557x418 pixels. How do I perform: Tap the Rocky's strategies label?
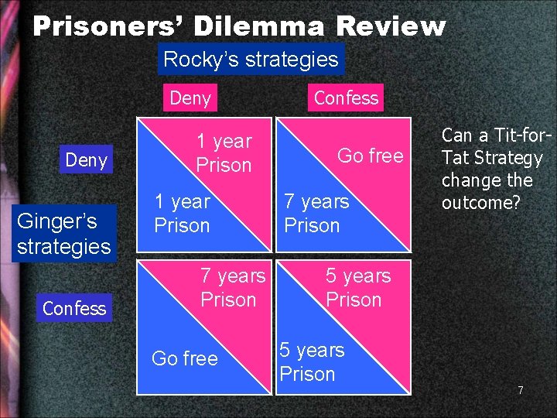click(x=251, y=60)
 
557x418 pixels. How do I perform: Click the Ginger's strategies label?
click(x=63, y=234)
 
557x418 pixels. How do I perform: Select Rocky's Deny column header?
click(x=190, y=98)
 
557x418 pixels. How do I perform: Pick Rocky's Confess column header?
click(x=346, y=98)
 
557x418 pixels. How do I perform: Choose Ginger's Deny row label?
click(x=86, y=160)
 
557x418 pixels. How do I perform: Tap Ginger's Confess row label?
click(x=74, y=308)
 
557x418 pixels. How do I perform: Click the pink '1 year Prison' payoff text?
click(x=224, y=152)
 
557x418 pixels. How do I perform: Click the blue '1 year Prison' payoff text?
click(x=182, y=214)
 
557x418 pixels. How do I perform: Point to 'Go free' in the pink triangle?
click(x=370, y=156)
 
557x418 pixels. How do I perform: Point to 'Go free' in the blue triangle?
click(x=184, y=358)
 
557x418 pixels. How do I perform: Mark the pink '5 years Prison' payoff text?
click(x=357, y=287)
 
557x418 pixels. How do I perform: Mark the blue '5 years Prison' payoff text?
click(x=311, y=361)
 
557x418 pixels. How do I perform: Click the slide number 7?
click(x=521, y=390)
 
